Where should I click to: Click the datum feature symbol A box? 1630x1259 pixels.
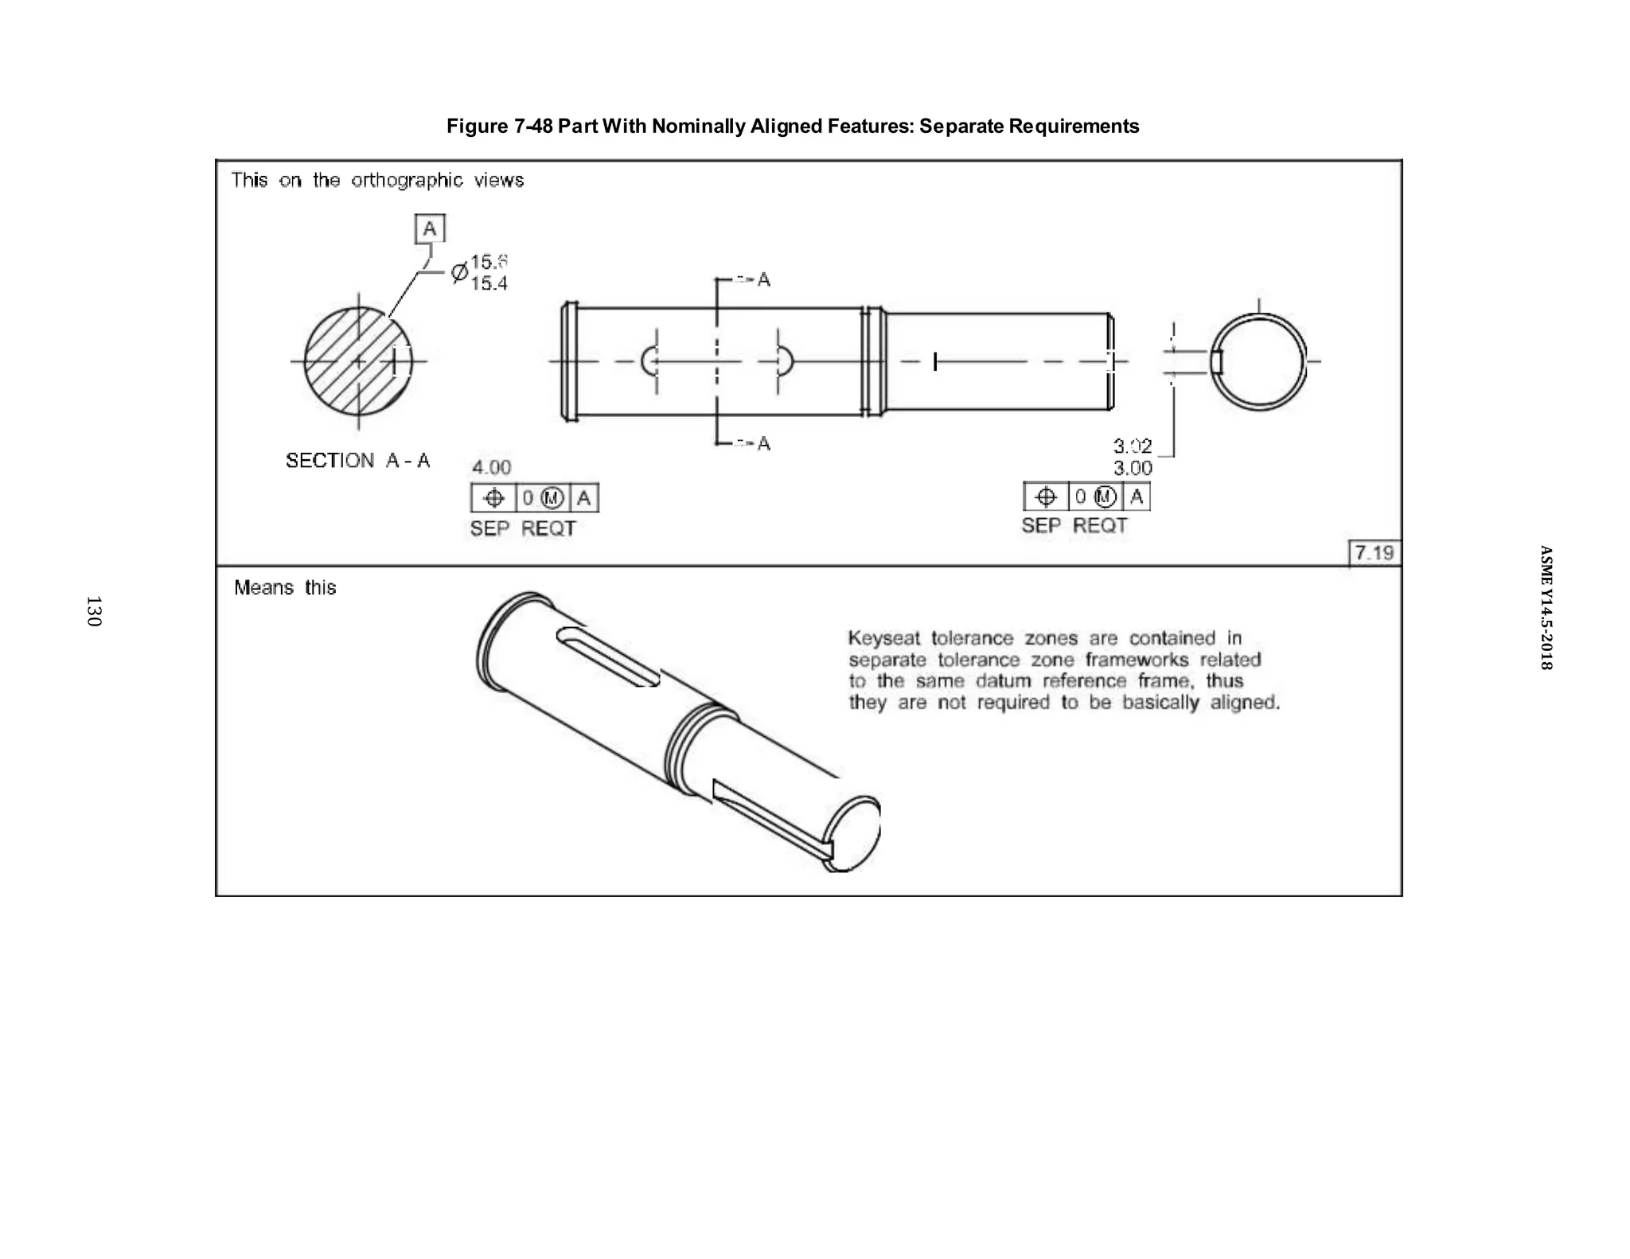430,229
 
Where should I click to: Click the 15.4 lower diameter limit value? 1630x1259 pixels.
489,284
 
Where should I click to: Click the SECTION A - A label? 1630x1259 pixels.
357,461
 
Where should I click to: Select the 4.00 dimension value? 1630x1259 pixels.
491,467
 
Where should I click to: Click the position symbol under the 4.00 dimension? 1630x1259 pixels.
493,499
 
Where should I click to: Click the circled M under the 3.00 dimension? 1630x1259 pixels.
1105,497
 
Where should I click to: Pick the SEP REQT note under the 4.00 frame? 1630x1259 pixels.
522,528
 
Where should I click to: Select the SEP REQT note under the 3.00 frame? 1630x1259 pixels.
1074,526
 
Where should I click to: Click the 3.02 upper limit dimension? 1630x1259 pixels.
1132,446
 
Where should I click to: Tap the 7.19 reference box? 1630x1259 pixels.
1374,553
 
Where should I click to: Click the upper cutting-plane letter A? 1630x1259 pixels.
764,279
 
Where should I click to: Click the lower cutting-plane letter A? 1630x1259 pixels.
764,443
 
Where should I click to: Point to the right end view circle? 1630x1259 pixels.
1258,362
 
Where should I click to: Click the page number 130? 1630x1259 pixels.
93,611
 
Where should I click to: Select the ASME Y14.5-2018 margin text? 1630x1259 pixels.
1545,607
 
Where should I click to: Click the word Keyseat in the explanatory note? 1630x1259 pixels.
883,638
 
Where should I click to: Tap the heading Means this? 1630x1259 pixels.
285,588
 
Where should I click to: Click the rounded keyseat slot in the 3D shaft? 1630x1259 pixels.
608,656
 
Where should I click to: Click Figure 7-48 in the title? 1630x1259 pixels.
499,127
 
